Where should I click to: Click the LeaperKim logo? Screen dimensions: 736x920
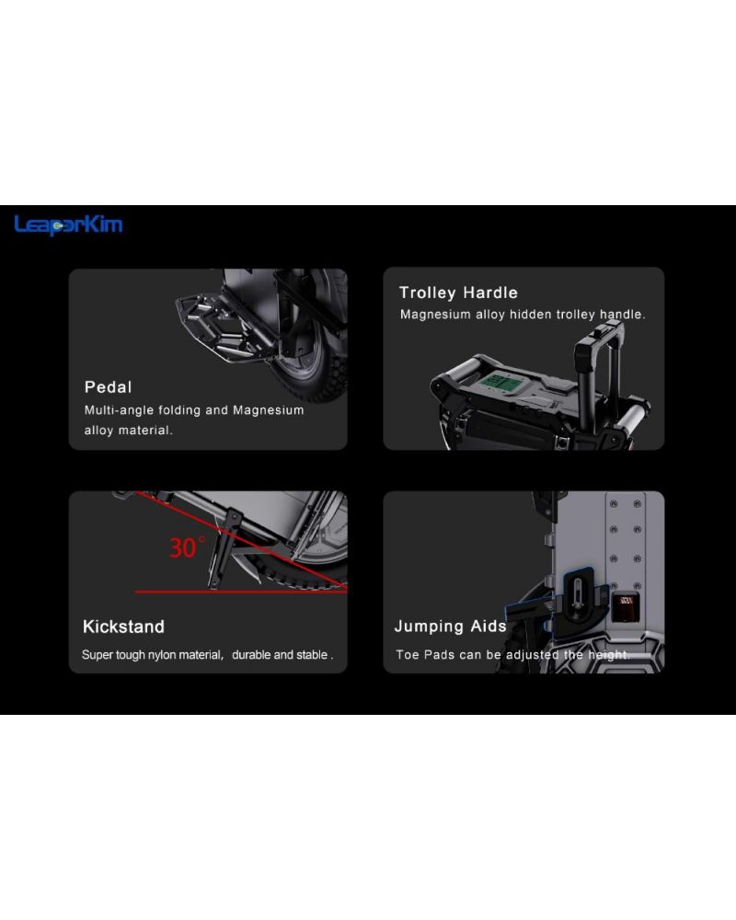[68, 224]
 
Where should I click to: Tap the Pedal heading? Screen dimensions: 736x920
[108, 387]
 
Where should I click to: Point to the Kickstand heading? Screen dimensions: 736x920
[123, 627]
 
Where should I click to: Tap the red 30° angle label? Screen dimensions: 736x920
[188, 547]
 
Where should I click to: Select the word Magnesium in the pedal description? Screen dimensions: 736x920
[269, 410]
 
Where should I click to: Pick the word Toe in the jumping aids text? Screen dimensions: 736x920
[408, 655]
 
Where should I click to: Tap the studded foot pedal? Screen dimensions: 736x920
[222, 329]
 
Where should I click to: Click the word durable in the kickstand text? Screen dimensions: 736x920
[251, 655]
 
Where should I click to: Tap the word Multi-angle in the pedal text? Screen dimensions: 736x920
[120, 410]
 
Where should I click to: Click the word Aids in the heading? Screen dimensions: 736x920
[489, 626]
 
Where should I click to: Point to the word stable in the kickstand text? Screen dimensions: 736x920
[312, 655]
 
